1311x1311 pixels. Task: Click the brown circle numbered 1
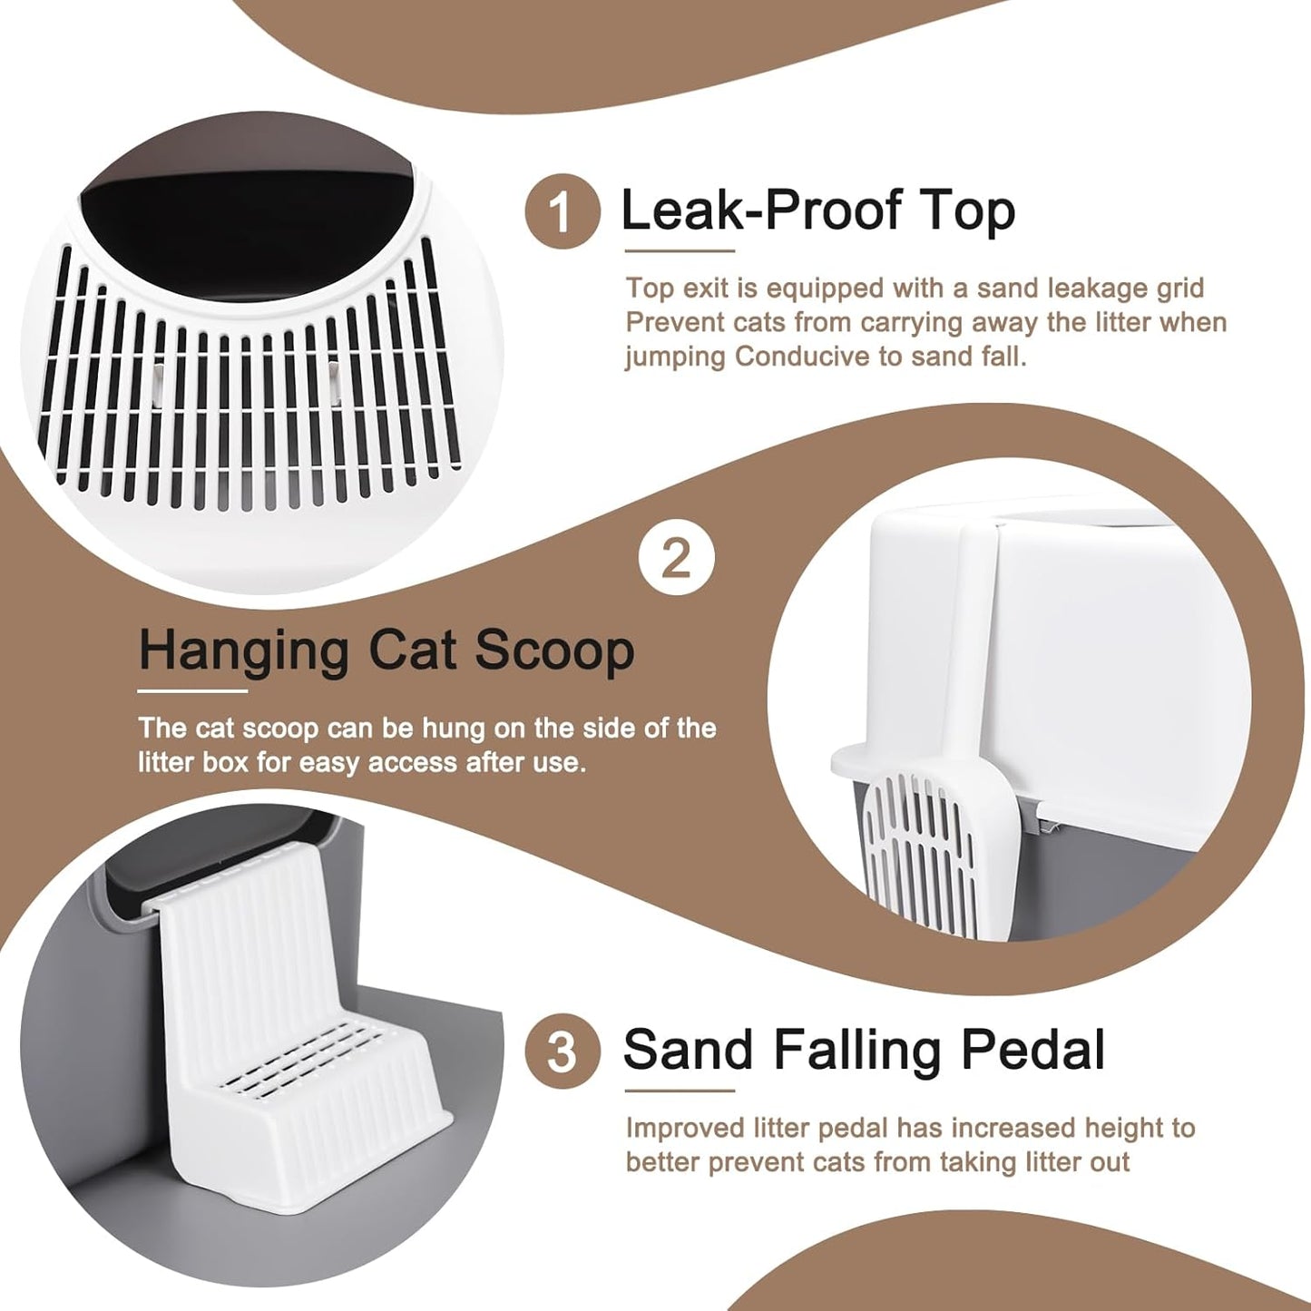tap(563, 211)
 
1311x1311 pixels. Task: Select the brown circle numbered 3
tap(563, 1052)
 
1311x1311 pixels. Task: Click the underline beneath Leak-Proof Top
tap(680, 251)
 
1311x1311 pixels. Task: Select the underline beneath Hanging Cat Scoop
tap(192, 691)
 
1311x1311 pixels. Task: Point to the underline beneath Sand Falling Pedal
tap(680, 1091)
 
